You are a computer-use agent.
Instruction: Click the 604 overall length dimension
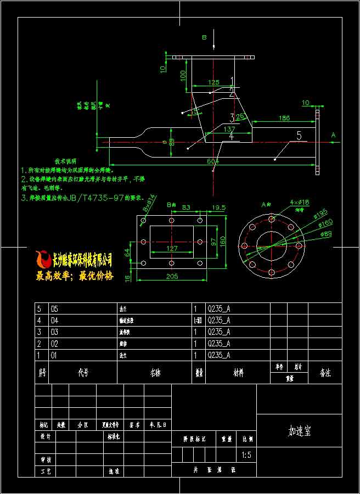click(x=213, y=161)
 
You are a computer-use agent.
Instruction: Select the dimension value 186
click(x=284, y=118)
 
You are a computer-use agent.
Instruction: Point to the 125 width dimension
click(x=214, y=82)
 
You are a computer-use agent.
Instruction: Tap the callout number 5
click(x=299, y=136)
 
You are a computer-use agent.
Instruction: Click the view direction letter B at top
click(x=204, y=37)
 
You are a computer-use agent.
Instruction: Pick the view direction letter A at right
click(x=333, y=134)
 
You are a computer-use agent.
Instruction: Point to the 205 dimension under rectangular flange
click(x=172, y=276)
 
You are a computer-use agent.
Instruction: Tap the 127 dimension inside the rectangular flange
click(x=171, y=249)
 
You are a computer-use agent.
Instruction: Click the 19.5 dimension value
click(x=218, y=207)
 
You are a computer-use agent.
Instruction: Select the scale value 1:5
click(x=247, y=455)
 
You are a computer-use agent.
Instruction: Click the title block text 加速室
click(x=300, y=431)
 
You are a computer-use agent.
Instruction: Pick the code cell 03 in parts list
click(x=54, y=332)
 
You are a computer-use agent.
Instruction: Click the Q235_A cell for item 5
click(x=218, y=308)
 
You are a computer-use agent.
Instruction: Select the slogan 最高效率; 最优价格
click(x=75, y=276)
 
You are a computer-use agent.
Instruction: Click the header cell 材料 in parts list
click(x=238, y=373)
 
